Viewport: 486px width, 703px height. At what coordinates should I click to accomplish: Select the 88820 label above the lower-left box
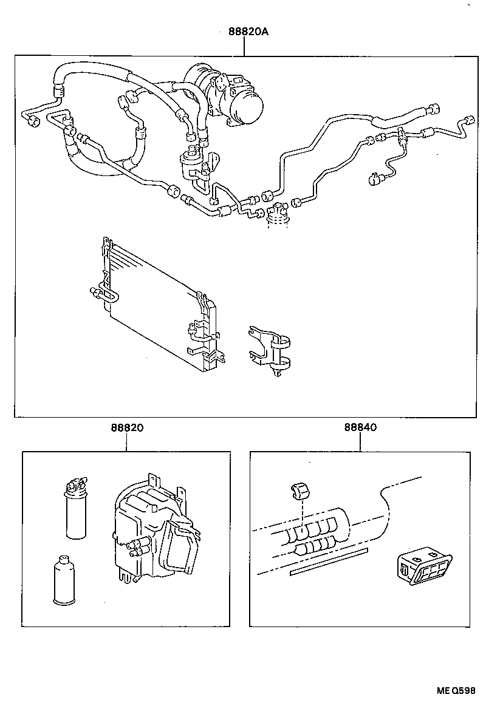click(127, 427)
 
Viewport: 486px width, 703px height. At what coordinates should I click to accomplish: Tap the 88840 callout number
click(360, 427)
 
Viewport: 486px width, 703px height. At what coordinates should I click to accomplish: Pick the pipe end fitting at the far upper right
click(467, 120)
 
